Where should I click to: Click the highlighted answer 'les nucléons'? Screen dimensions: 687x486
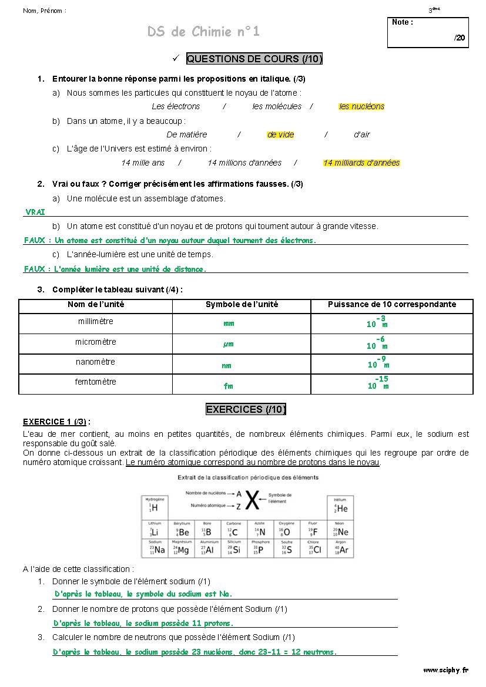click(x=361, y=106)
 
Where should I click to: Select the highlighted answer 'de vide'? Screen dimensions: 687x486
click(x=280, y=134)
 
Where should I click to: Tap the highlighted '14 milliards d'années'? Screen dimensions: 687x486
click(x=361, y=163)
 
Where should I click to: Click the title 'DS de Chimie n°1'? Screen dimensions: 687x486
click(x=203, y=32)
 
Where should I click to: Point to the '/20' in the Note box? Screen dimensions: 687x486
click(x=459, y=38)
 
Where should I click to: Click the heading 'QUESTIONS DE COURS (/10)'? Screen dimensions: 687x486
click(x=254, y=59)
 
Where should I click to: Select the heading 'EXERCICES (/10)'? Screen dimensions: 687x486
click(x=246, y=409)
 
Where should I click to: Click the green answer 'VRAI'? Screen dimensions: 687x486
click(x=35, y=213)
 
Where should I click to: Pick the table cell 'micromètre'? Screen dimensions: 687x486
click(x=96, y=342)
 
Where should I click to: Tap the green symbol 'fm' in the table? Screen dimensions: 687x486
click(x=228, y=386)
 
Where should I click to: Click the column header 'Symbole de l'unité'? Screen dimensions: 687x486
click(x=242, y=304)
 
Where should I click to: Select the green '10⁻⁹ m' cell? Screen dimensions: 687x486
click(x=378, y=362)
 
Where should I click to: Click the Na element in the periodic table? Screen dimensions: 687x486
click(x=156, y=548)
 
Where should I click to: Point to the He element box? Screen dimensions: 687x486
click(x=340, y=506)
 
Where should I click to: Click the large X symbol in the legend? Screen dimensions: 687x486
click(x=252, y=500)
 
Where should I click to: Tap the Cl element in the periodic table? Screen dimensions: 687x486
click(x=314, y=548)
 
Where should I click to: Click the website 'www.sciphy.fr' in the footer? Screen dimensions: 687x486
click(x=445, y=669)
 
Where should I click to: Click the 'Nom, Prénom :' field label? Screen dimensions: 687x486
click(x=45, y=11)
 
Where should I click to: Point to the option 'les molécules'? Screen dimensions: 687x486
click(x=277, y=106)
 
